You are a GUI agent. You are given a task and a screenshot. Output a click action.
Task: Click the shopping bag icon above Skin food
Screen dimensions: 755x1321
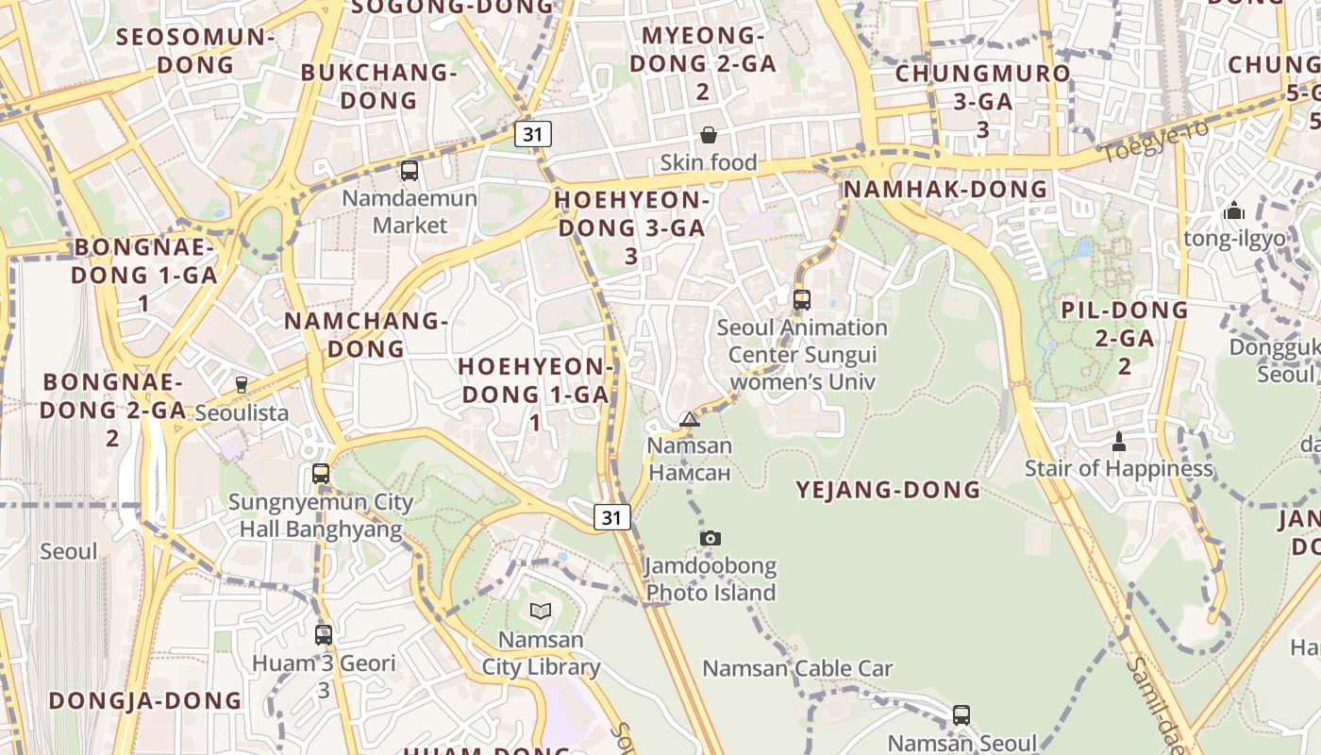click(708, 135)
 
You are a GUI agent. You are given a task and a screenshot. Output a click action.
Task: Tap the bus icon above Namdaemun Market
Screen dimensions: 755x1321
click(410, 171)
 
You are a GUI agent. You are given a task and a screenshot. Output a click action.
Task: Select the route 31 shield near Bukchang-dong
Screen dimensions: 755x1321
click(533, 134)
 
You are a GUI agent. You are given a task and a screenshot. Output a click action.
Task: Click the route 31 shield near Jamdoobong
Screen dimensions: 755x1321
click(612, 516)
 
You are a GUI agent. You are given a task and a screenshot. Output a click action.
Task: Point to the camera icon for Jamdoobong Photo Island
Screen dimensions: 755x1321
click(711, 538)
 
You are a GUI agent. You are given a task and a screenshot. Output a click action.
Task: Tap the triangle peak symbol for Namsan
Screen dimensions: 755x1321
click(690, 419)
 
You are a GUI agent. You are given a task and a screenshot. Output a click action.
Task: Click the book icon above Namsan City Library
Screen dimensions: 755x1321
click(540, 611)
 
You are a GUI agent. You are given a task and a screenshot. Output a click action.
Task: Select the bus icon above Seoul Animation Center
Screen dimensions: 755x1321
click(802, 300)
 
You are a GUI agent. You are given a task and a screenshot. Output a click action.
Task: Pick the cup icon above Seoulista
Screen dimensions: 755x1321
click(242, 385)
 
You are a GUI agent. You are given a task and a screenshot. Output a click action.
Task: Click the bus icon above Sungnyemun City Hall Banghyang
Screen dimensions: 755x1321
click(321, 474)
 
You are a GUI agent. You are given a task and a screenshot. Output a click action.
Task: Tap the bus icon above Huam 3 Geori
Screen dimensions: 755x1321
click(324, 635)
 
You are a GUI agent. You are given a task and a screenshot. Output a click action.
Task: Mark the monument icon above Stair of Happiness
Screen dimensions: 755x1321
click(1119, 441)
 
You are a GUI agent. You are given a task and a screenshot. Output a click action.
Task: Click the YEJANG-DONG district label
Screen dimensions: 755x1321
click(888, 490)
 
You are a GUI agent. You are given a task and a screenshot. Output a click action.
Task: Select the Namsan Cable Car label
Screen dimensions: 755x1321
click(797, 669)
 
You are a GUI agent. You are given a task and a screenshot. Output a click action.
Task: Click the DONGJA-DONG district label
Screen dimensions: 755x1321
click(145, 700)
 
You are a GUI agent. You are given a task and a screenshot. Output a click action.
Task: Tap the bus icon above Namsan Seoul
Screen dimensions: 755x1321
click(961, 715)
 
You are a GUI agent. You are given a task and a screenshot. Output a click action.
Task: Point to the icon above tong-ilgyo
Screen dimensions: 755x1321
click(1234, 211)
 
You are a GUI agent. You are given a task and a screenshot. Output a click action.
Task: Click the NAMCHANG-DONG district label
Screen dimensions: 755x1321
click(365, 334)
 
